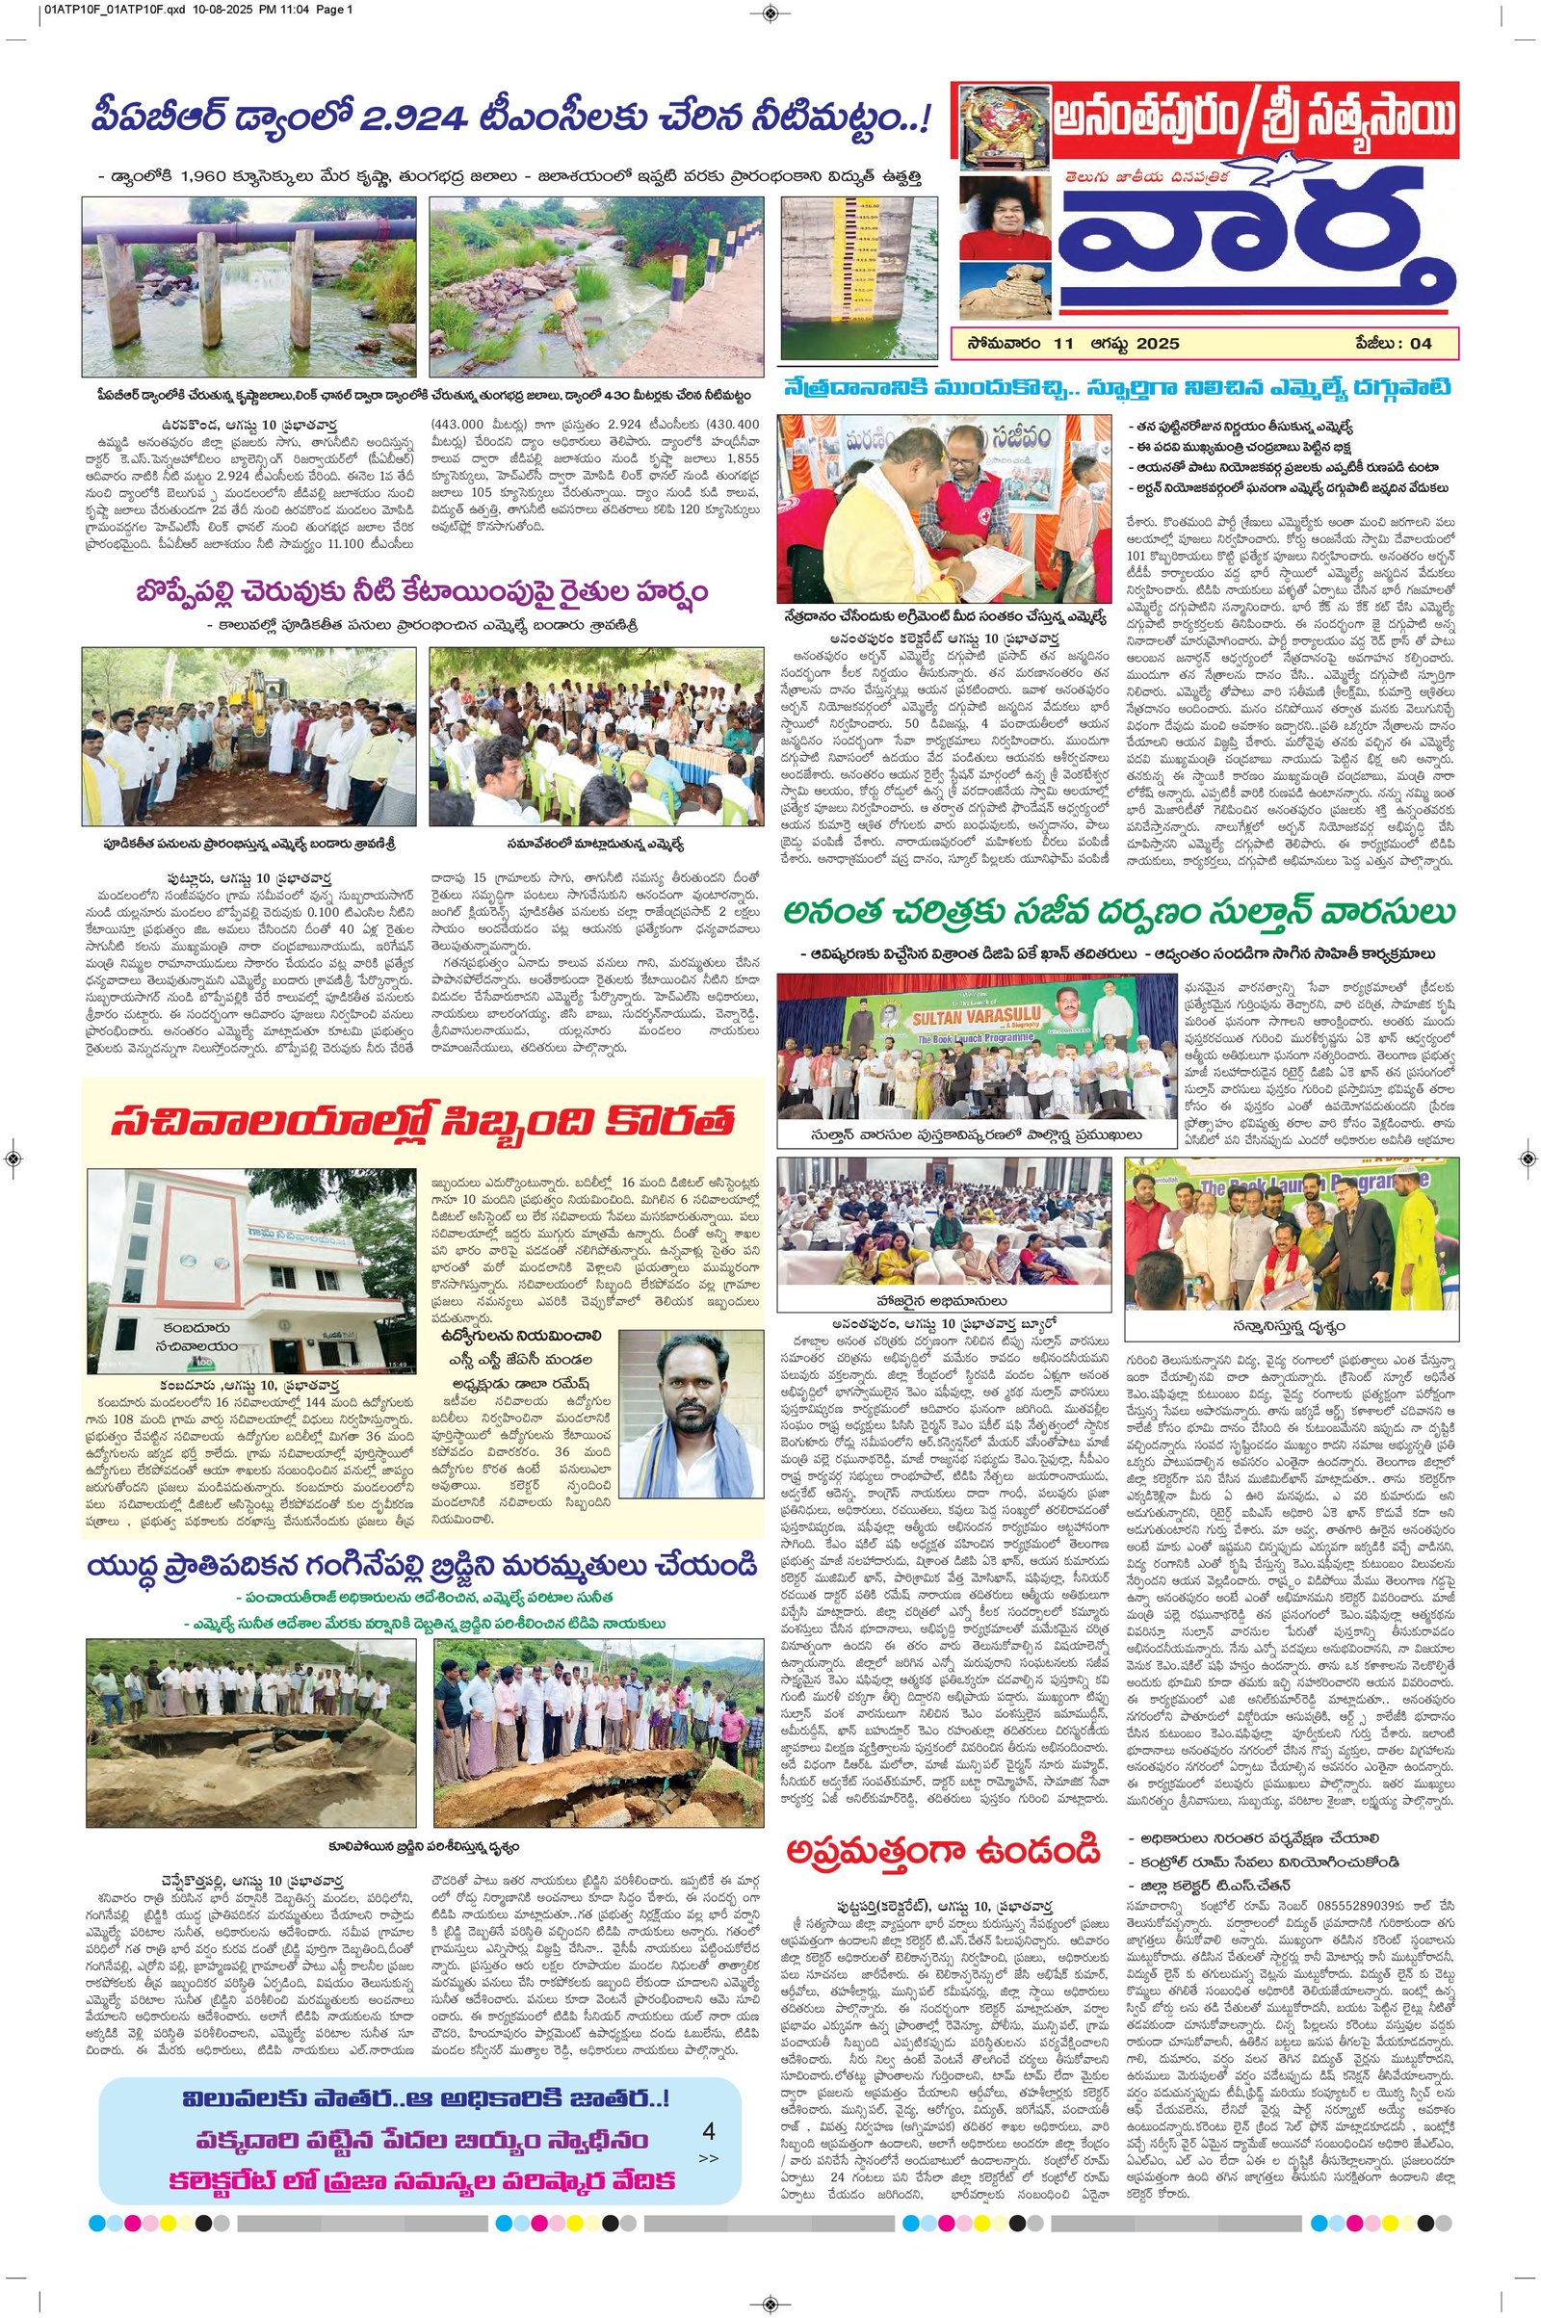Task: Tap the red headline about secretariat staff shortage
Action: [423, 1121]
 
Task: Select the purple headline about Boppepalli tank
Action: [423, 593]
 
